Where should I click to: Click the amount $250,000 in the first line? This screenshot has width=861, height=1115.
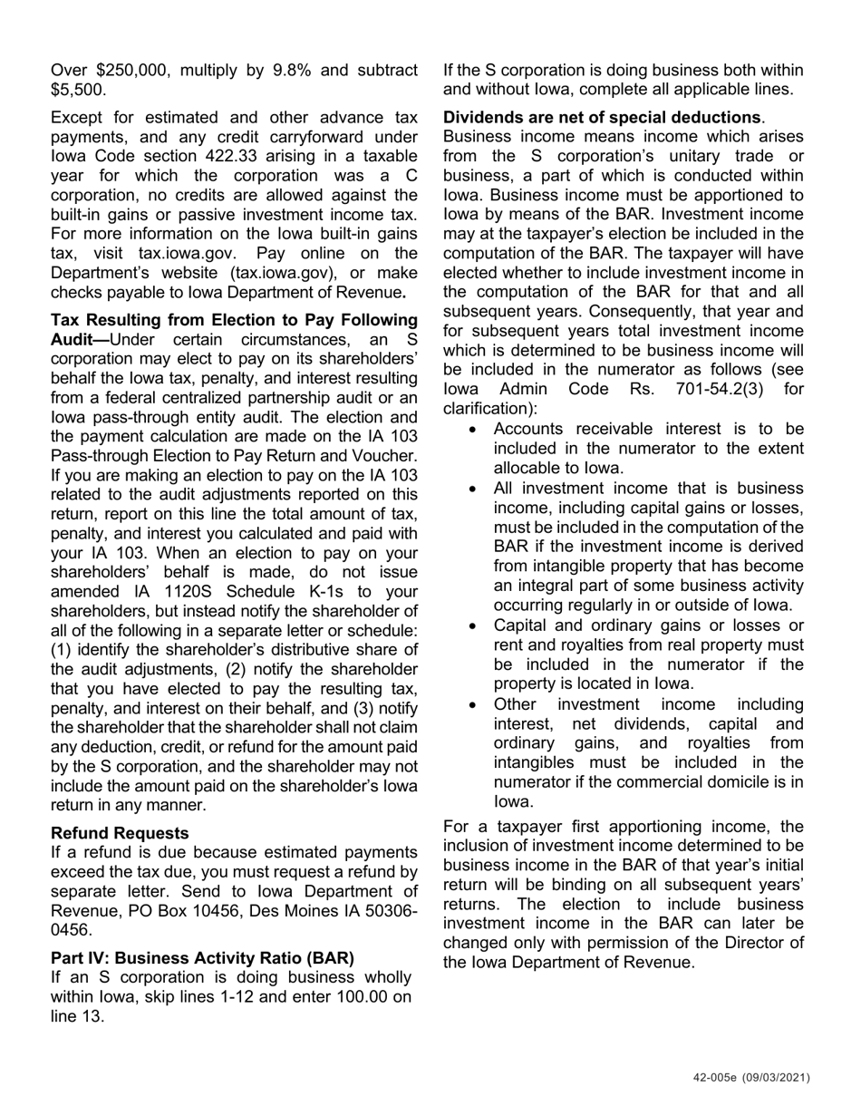[x=122, y=71]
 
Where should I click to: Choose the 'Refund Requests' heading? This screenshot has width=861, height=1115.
[x=121, y=833]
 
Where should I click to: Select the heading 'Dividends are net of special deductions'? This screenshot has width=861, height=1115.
[x=602, y=118]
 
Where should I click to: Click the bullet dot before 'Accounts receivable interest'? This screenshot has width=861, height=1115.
[x=474, y=430]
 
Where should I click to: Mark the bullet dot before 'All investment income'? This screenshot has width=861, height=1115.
[x=474, y=489]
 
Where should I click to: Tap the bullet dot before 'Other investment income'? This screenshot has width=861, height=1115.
[x=474, y=704]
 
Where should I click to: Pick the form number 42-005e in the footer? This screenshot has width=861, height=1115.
[x=718, y=1078]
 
